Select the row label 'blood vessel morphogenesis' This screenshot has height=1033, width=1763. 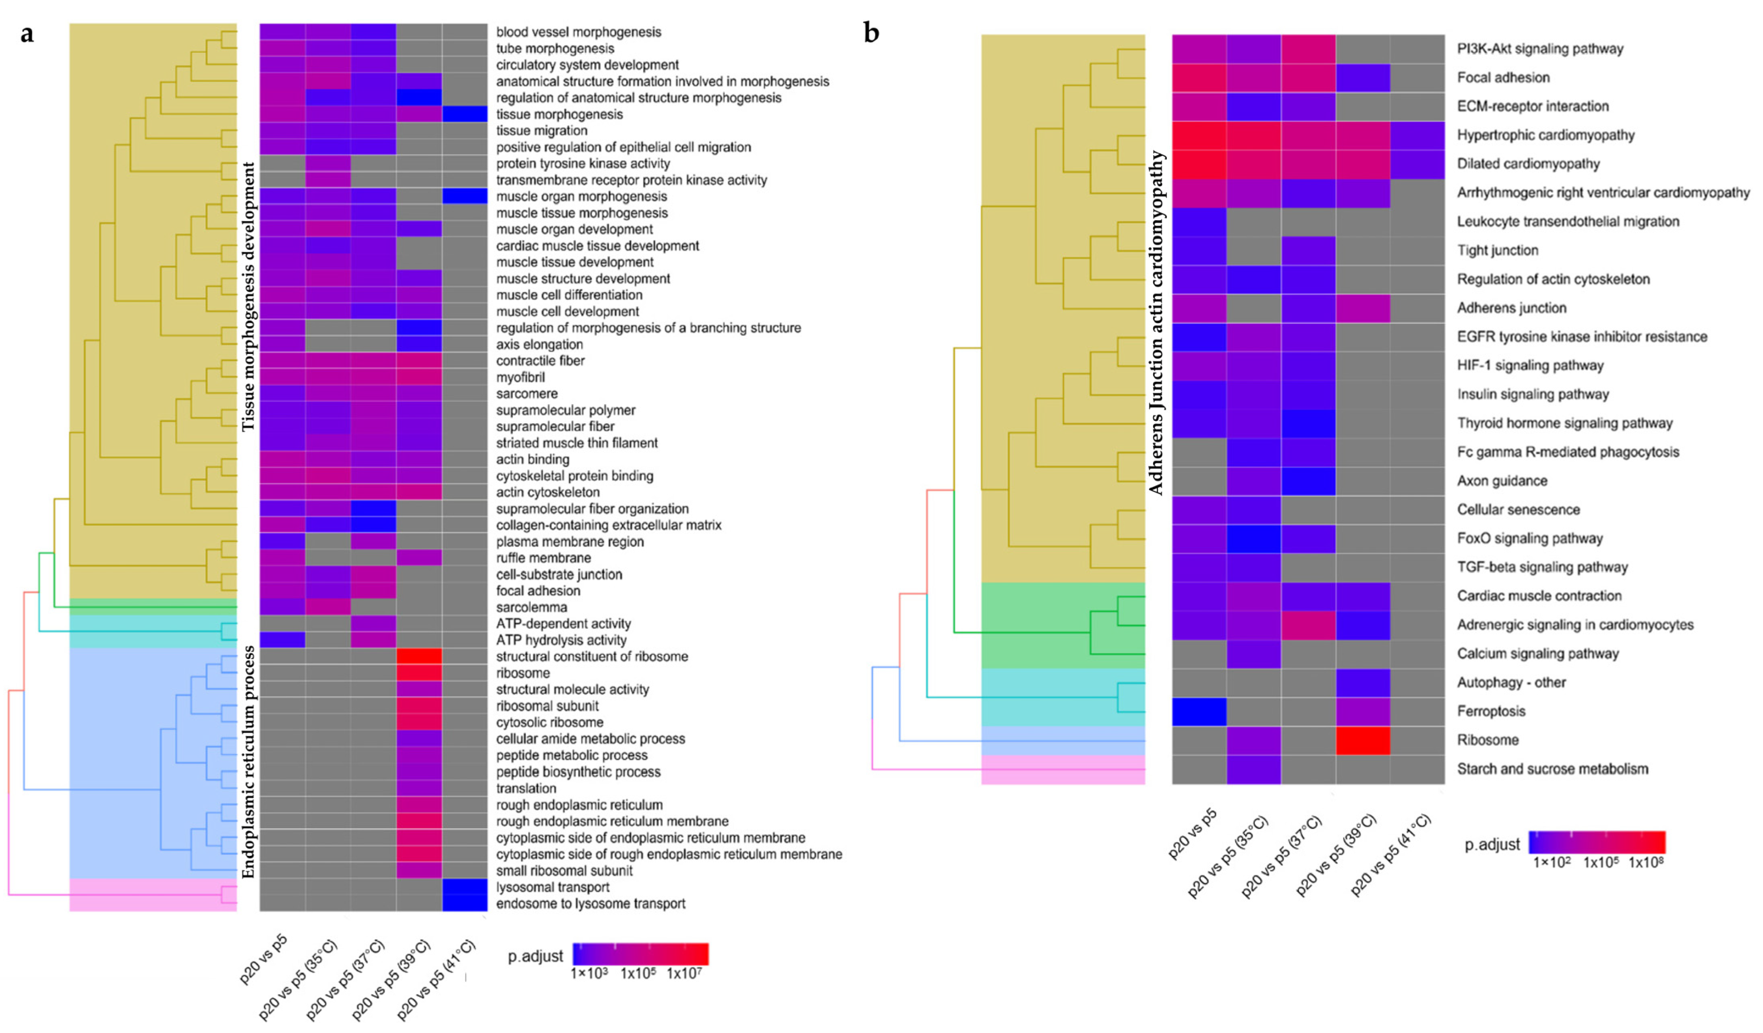(578, 32)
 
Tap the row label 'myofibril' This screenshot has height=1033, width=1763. (520, 377)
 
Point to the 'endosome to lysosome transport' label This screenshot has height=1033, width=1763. (590, 904)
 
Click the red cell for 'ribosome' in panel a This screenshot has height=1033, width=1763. (419, 673)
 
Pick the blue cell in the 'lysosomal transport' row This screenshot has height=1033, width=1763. (464, 887)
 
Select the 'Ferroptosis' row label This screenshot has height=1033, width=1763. (1491, 711)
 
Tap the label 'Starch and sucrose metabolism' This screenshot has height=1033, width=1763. (1552, 769)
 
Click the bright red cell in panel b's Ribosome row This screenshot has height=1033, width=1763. (1362, 740)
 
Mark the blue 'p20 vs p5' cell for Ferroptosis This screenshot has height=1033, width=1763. (1199, 711)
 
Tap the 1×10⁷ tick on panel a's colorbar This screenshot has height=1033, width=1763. (684, 973)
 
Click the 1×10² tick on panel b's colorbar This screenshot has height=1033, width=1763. (1552, 862)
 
